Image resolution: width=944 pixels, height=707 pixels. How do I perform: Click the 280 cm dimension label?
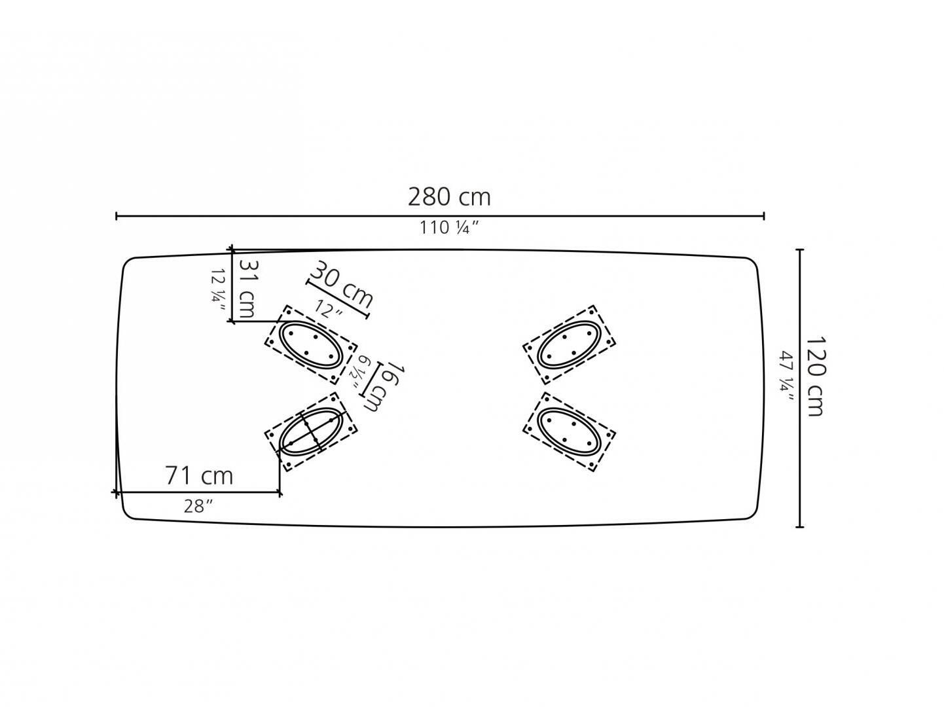point(448,197)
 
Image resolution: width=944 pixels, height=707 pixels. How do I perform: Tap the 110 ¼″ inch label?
point(450,228)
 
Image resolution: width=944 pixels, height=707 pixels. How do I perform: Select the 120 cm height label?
point(815,376)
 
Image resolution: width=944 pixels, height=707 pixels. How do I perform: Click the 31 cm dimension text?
point(248,289)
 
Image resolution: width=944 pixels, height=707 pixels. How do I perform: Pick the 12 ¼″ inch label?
point(219,290)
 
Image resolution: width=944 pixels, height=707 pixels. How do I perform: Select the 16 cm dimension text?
point(385,388)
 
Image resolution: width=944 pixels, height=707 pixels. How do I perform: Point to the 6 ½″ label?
point(359,372)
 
